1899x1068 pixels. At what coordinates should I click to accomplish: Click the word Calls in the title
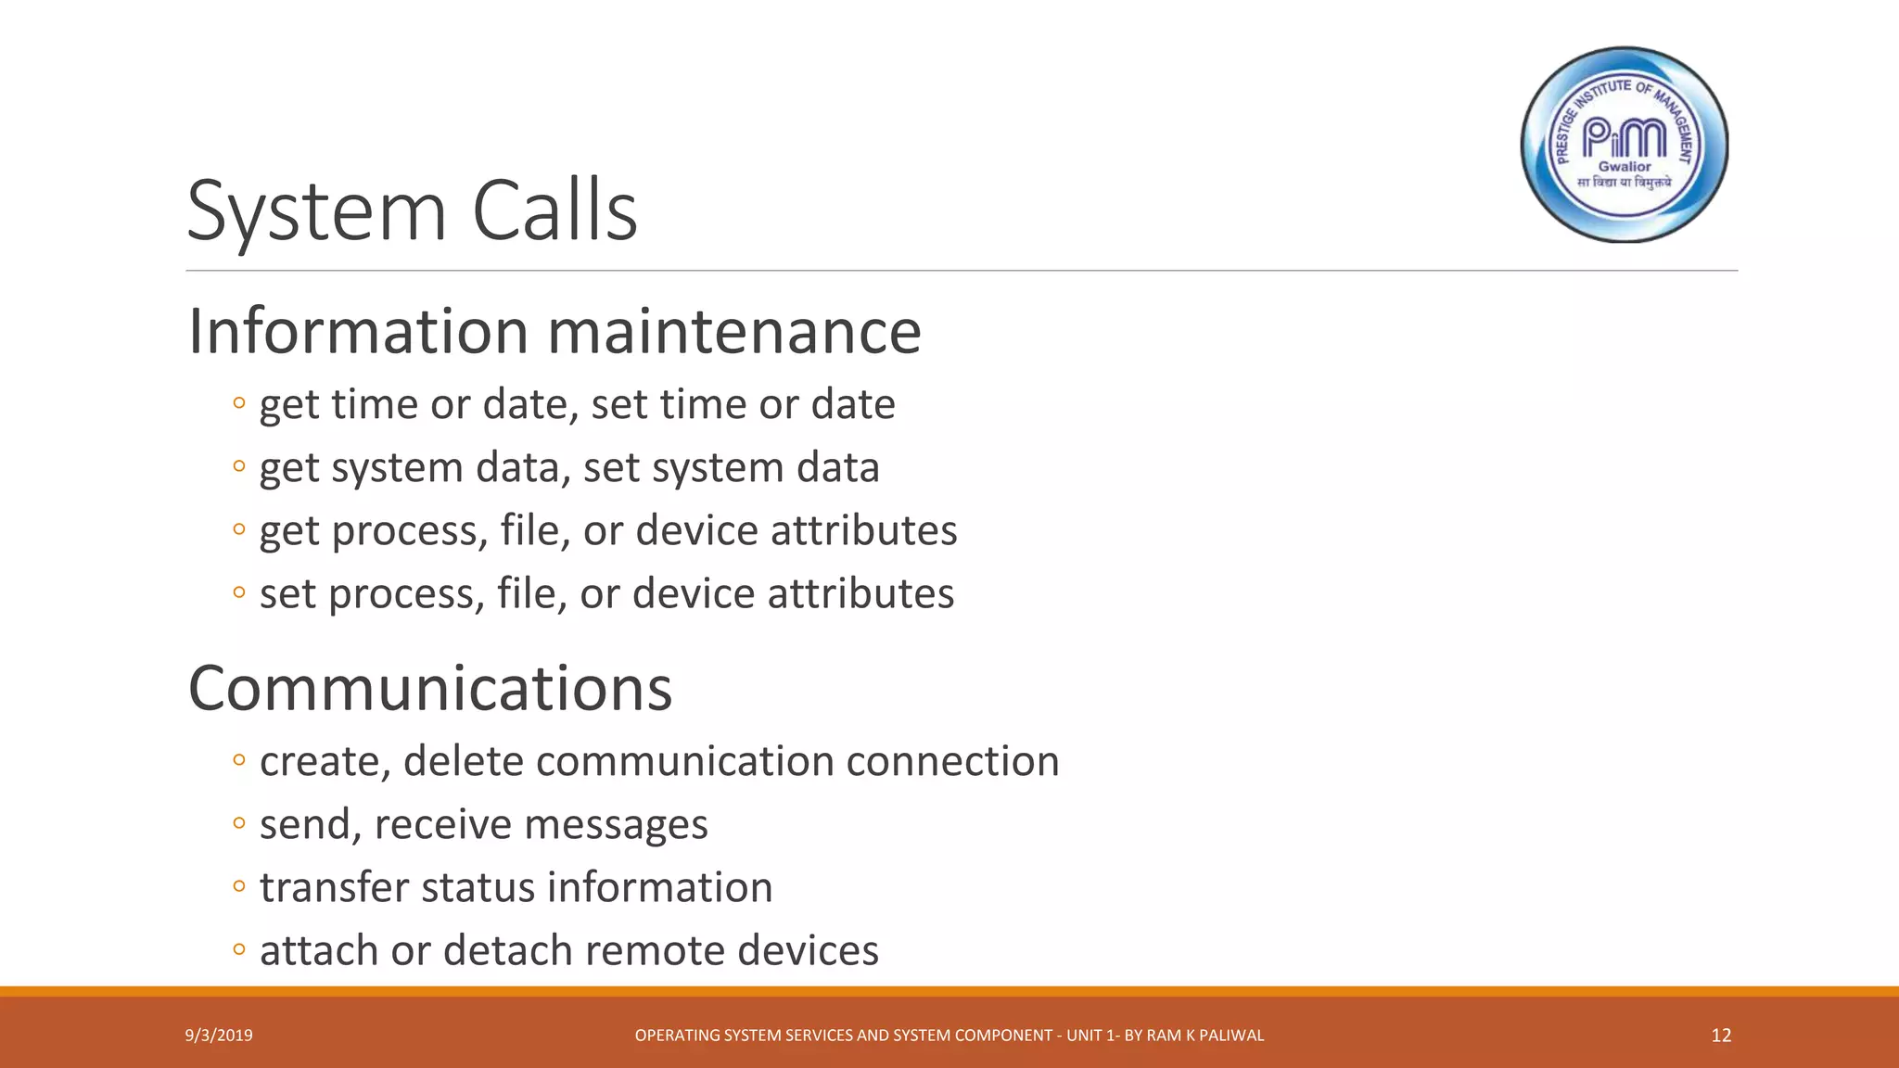coord(554,211)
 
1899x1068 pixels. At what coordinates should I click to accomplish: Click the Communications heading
coord(430,689)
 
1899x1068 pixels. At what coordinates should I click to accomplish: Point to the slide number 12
coord(1721,1036)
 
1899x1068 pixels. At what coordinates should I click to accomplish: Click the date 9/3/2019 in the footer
coord(219,1036)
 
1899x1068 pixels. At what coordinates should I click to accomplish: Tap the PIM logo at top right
coord(1625,145)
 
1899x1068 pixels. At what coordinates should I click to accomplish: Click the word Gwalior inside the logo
coord(1625,167)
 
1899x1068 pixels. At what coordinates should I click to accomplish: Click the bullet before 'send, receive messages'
coord(239,823)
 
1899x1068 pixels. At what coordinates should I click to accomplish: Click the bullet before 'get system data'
coord(239,466)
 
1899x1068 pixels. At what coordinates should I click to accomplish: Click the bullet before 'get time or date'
coord(239,403)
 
